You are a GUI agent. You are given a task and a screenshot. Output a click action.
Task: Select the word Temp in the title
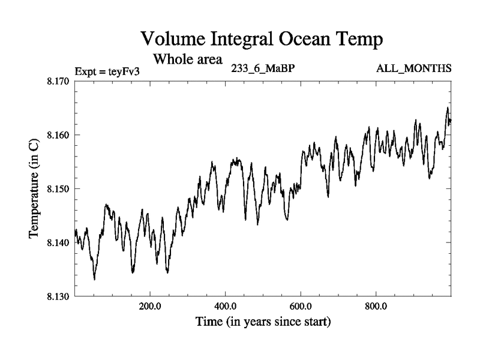coord(357,41)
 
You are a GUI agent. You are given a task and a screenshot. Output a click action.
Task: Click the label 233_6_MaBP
coord(262,68)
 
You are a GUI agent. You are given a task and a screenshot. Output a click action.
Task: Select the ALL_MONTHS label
coord(413,68)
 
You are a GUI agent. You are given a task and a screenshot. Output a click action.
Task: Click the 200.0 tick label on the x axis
coord(149,305)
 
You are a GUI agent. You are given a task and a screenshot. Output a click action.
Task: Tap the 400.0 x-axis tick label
coord(225,305)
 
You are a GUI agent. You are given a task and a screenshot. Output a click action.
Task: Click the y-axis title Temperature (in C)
coord(34,188)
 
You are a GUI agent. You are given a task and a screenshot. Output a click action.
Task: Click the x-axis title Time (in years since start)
coord(263,322)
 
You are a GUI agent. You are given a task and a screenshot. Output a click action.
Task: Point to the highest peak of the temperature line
coord(447,107)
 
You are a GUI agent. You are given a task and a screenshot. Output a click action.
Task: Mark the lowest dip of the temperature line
coord(94,279)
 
